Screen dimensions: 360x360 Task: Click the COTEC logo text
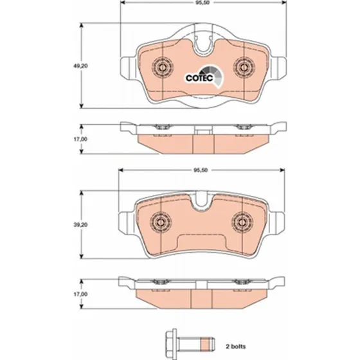click(x=199, y=78)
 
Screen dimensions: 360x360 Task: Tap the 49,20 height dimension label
click(x=80, y=66)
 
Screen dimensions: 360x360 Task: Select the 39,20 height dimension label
click(x=80, y=225)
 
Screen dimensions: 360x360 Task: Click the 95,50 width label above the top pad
click(x=203, y=3)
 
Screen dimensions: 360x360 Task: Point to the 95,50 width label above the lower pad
click(x=201, y=170)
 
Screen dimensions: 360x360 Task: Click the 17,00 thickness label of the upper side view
click(x=80, y=139)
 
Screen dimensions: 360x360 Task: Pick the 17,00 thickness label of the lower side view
click(x=80, y=294)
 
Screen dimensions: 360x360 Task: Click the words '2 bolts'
click(x=235, y=346)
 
